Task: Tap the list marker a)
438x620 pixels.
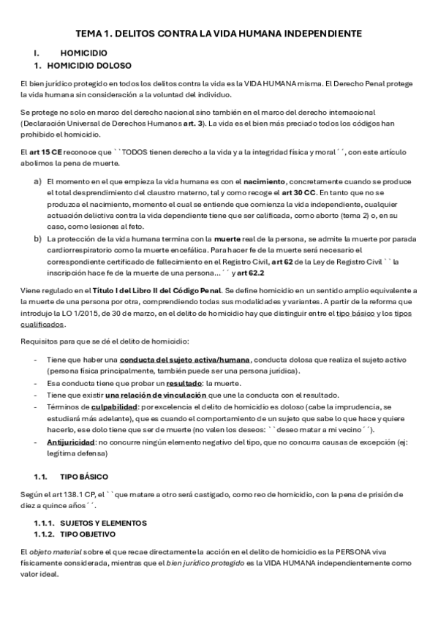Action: pos(37,180)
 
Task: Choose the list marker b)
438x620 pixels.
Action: pos(37,238)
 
